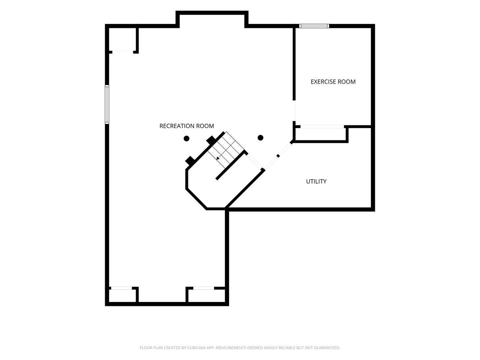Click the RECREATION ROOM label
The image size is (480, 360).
tap(187, 126)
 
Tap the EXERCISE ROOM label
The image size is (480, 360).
tap(333, 82)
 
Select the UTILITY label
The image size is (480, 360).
tap(316, 181)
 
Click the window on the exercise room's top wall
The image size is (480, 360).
tap(314, 26)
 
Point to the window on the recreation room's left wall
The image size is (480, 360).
tap(107, 104)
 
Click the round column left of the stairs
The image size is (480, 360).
tap(186, 138)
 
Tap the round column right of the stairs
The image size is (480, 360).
tap(260, 138)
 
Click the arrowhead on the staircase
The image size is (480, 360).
tap(218, 158)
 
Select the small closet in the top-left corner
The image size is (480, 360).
tap(122, 39)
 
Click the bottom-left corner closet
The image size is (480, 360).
tap(122, 296)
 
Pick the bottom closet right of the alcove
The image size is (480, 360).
tap(207, 296)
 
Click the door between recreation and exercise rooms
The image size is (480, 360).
tap(294, 111)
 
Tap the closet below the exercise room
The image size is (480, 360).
tap(321, 134)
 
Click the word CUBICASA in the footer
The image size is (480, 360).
tap(195, 348)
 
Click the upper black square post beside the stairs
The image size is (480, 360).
tap(211, 140)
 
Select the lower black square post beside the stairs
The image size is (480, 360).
tap(190, 161)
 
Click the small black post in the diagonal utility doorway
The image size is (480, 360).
tap(278, 156)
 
